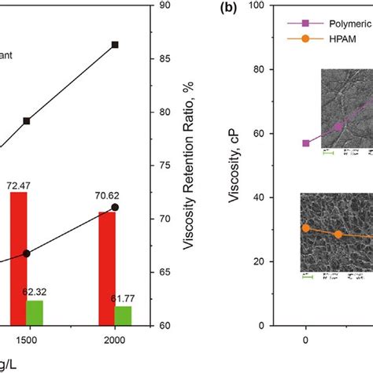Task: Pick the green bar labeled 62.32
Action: tap(35, 312)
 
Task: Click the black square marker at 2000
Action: tap(115, 45)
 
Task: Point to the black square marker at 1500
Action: tap(27, 121)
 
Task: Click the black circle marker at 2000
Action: tap(115, 207)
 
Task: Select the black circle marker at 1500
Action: tap(27, 253)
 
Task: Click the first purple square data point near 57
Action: tap(305, 143)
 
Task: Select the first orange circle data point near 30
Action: tap(305, 228)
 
